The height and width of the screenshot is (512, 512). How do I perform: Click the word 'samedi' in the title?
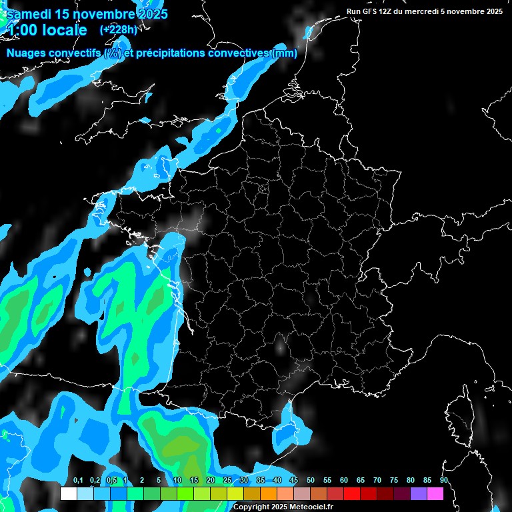pos(29,13)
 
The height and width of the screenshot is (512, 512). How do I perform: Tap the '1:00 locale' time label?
pos(47,30)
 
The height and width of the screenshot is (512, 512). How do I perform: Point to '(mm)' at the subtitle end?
pos(285,53)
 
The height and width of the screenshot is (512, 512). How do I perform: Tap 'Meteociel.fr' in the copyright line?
pos(311,507)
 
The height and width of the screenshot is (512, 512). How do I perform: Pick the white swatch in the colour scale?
pos(69,493)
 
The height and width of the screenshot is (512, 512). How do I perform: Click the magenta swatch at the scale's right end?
pos(435,493)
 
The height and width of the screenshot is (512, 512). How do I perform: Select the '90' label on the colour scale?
pos(443,481)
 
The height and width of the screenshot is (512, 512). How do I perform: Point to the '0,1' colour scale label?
pos(78,481)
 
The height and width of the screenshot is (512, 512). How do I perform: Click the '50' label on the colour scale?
pos(311,481)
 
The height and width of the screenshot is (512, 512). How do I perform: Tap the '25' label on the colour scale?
pos(227,481)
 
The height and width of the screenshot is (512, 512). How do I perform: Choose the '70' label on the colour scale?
pos(377,481)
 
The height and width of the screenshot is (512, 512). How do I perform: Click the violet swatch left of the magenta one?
pos(419,493)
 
